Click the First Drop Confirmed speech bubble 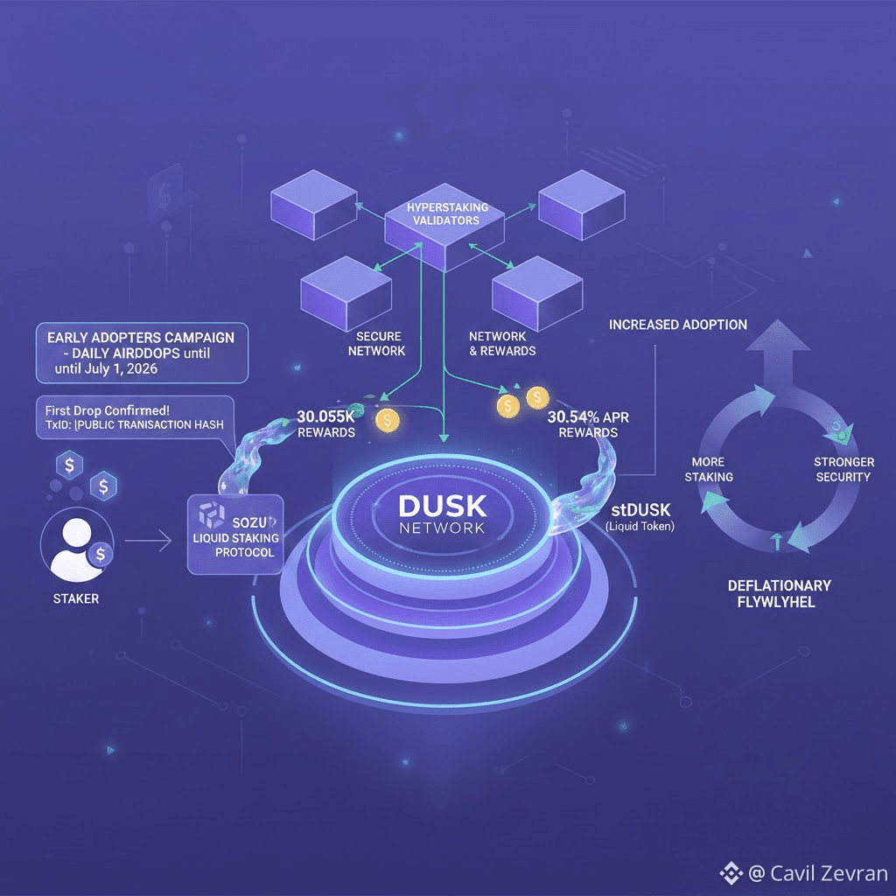[x=131, y=416]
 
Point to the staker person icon [x=79, y=548]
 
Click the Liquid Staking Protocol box [x=233, y=534]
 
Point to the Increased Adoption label [x=678, y=325]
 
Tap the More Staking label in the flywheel [x=712, y=469]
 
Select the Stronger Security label [x=843, y=469]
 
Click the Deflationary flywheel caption [x=780, y=593]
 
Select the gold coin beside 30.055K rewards [x=386, y=421]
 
